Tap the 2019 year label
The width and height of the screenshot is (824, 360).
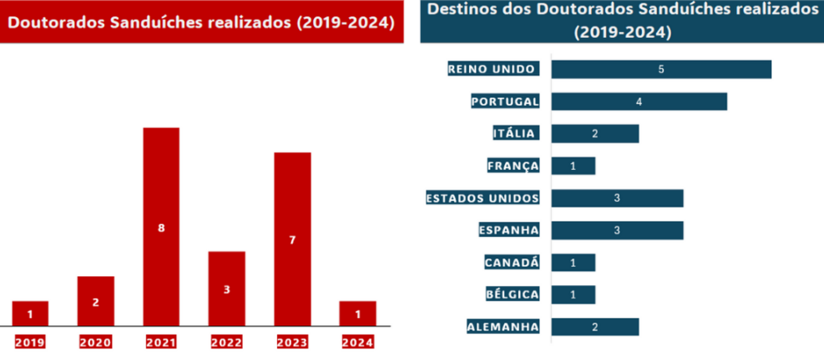tap(30, 342)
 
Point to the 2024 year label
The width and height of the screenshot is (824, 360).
tap(357, 342)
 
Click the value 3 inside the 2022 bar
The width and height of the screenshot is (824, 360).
tap(226, 290)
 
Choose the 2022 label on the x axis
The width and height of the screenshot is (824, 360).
tap(226, 342)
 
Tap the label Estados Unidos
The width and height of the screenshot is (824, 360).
tap(482, 198)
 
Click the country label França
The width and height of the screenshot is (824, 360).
tap(513, 166)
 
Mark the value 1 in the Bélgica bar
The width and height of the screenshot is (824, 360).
tap(573, 295)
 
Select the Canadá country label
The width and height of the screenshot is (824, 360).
tap(511, 262)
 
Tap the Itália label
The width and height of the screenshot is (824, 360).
tap(514, 134)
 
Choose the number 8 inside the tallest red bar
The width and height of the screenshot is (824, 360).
tap(161, 228)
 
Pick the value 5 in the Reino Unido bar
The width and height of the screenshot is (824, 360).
tap(661, 69)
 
